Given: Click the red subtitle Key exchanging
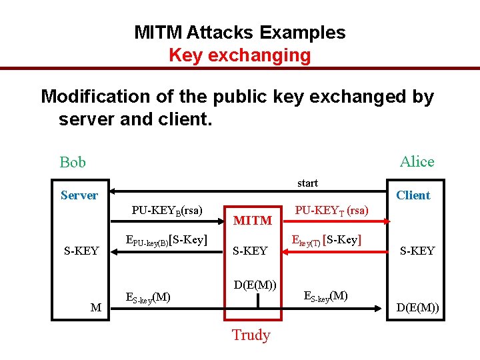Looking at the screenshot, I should pos(239,55).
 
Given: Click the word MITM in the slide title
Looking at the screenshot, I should pos(158,32).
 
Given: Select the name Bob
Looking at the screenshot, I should pos(73,162).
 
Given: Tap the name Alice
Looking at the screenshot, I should pos(417,161).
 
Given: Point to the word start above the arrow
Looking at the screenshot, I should pos(307,183).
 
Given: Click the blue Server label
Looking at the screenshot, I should pos(79,195).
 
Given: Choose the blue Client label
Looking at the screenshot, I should pos(413,195).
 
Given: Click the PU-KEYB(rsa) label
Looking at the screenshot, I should pos(167,210).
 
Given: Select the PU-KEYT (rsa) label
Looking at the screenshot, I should pos(331,210).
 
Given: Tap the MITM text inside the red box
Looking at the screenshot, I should pos(253,220).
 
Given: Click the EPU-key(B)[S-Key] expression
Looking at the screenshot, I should pos(167,240).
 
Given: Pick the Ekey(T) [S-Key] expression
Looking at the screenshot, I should pos(327,240).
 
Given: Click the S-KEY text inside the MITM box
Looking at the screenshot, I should pos(249,251).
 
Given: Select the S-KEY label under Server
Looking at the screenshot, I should pos(81,251).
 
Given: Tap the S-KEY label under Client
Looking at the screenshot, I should pos(417,251).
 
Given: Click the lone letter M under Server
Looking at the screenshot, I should pos(96,307).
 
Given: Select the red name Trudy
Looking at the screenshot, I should pos(251,335).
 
